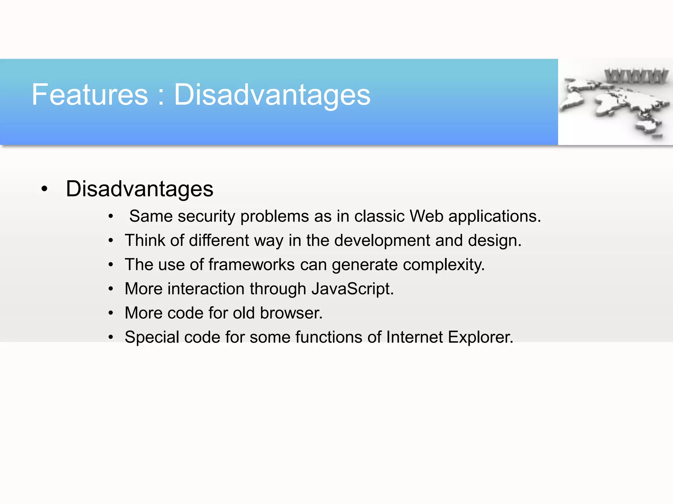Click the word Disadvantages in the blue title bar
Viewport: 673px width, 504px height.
pyautogui.click(x=272, y=95)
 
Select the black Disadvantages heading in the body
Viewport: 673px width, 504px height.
pyautogui.click(x=139, y=189)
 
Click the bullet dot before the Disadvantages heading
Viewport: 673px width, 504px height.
pyautogui.click(x=44, y=189)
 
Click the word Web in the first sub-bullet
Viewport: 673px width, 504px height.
pyautogui.click(x=426, y=216)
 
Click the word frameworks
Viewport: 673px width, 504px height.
pyautogui.click(x=251, y=264)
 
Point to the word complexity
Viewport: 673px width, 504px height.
pyautogui.click(x=444, y=265)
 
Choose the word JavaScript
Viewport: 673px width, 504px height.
pyautogui.click(x=352, y=289)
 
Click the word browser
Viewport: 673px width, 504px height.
pyautogui.click(x=291, y=313)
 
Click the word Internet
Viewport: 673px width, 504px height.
pyautogui.click(x=415, y=337)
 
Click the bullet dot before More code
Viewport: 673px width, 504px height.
pyautogui.click(x=111, y=313)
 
